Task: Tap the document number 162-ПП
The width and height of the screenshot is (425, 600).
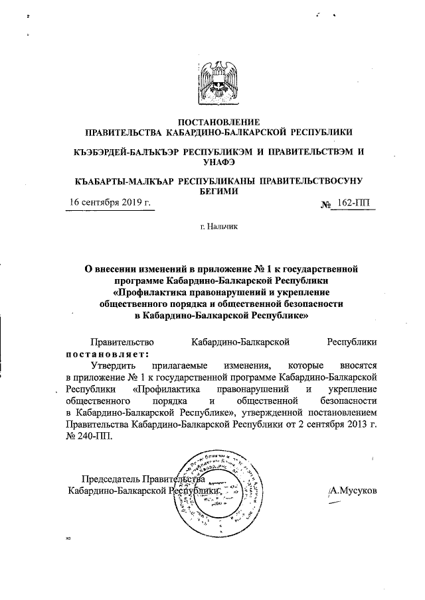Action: (359, 205)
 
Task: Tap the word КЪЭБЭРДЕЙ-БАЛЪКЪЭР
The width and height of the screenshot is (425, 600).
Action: (125, 151)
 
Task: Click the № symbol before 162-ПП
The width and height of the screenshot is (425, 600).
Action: (326, 206)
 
